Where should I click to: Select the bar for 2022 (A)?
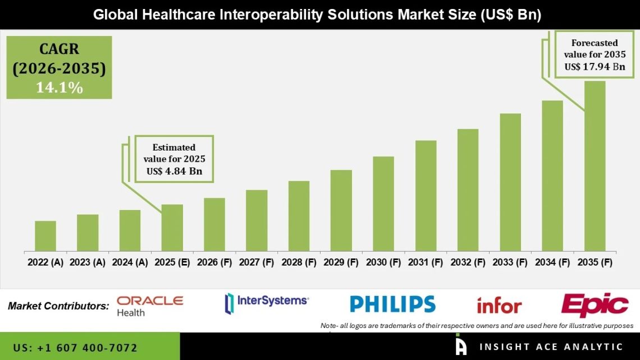pyautogui.click(x=45, y=236)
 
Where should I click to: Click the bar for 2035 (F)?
pyautogui.click(x=595, y=166)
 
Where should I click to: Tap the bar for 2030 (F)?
pyautogui.click(x=383, y=203)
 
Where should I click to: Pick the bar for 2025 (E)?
pyautogui.click(x=172, y=227)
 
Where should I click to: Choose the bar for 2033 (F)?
pyautogui.click(x=510, y=182)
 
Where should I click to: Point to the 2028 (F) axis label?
pyautogui.click(x=299, y=262)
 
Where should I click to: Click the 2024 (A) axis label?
pyautogui.click(x=130, y=262)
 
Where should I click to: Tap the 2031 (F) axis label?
pyautogui.click(x=426, y=262)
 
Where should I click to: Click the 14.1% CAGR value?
pyautogui.click(x=60, y=88)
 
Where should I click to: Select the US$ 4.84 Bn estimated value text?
pyautogui.click(x=174, y=171)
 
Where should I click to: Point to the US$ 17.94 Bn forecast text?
pyautogui.click(x=595, y=66)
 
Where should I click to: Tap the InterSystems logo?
pyautogui.click(x=267, y=302)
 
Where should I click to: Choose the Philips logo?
pyautogui.click(x=392, y=304)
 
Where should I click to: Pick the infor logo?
pyautogui.click(x=499, y=306)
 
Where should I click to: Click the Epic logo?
pyautogui.click(x=595, y=305)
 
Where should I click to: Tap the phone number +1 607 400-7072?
pyautogui.click(x=75, y=348)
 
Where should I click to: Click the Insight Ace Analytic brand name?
pyautogui.click(x=550, y=347)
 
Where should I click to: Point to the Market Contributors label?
pyautogui.click(x=58, y=306)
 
